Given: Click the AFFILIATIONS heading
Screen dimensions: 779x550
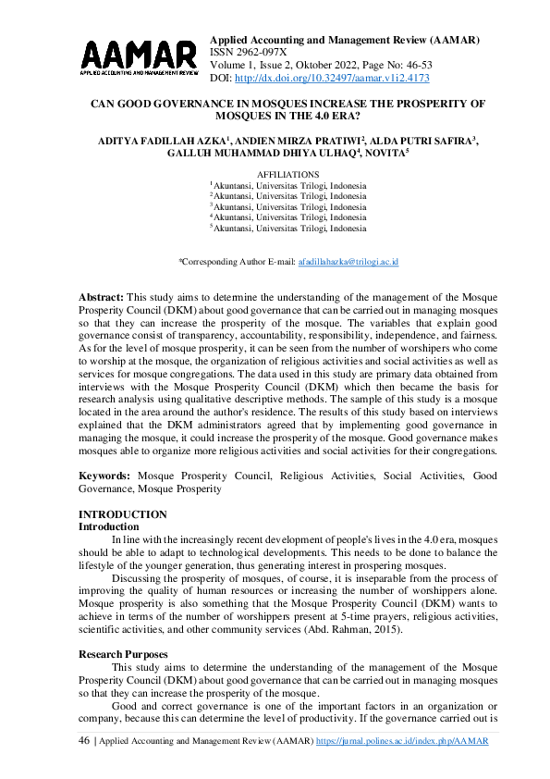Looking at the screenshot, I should (288, 174).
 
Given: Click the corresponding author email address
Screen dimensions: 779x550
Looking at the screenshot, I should (348, 263).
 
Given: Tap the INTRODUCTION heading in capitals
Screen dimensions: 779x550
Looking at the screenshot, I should (123, 514).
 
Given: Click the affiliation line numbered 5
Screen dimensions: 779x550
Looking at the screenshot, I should (288, 229).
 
